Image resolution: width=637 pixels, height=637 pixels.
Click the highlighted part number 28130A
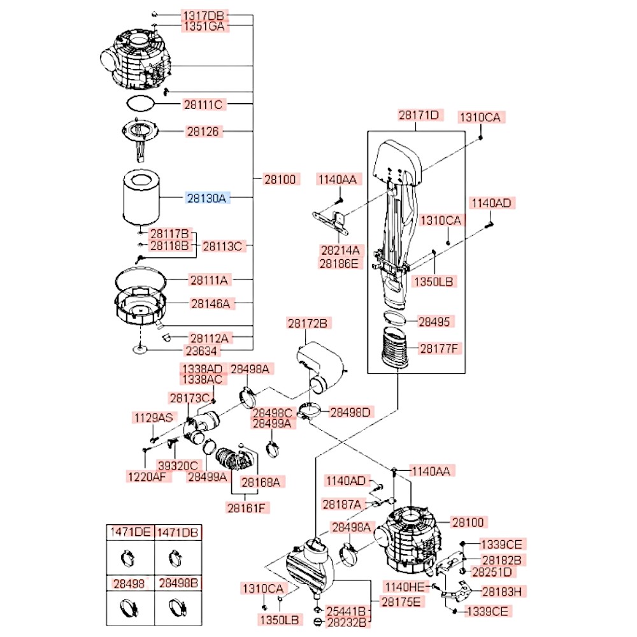206,198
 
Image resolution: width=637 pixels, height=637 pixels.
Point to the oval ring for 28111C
140,102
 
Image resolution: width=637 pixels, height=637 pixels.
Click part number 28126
203,132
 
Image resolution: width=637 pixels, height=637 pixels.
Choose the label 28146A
210,304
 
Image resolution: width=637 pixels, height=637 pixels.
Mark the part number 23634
200,350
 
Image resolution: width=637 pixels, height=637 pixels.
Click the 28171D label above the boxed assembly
419,115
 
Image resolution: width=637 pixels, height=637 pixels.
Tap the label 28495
433,321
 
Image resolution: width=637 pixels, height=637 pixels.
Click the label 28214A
338,250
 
